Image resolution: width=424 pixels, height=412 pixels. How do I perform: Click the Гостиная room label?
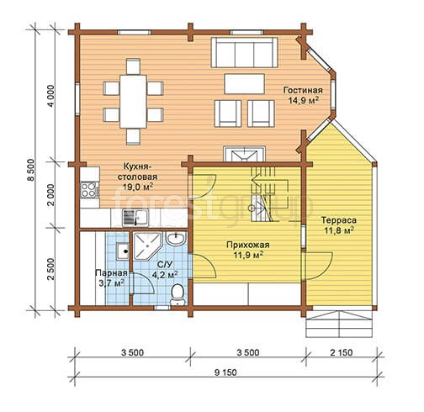(x=303, y=90)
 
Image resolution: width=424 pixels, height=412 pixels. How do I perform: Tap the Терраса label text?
(x=339, y=220)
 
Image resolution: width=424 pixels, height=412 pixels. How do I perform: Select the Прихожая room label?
(x=248, y=245)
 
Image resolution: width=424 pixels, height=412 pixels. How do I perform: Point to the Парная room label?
(x=111, y=272)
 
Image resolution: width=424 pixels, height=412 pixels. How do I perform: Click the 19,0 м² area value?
(x=138, y=187)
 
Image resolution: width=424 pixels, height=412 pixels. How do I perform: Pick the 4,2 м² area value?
(x=165, y=274)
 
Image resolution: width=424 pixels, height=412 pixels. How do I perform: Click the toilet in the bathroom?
(x=178, y=294)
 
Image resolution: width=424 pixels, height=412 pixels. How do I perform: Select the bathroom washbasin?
(x=176, y=239)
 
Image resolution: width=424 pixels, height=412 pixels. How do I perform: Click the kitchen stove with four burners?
(x=90, y=190)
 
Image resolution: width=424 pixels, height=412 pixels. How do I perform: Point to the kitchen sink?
(x=135, y=218)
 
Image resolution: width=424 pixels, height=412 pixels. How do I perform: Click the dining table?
(x=133, y=101)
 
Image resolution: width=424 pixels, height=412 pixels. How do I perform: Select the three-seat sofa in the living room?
(x=244, y=52)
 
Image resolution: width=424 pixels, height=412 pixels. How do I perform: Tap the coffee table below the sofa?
(x=245, y=84)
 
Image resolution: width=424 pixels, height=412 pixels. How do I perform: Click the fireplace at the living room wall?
(x=244, y=154)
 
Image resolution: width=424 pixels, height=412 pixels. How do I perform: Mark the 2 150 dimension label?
(x=342, y=352)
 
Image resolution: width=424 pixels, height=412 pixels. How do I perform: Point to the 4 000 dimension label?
(x=52, y=96)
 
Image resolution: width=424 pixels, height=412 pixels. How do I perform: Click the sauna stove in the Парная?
(x=123, y=251)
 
